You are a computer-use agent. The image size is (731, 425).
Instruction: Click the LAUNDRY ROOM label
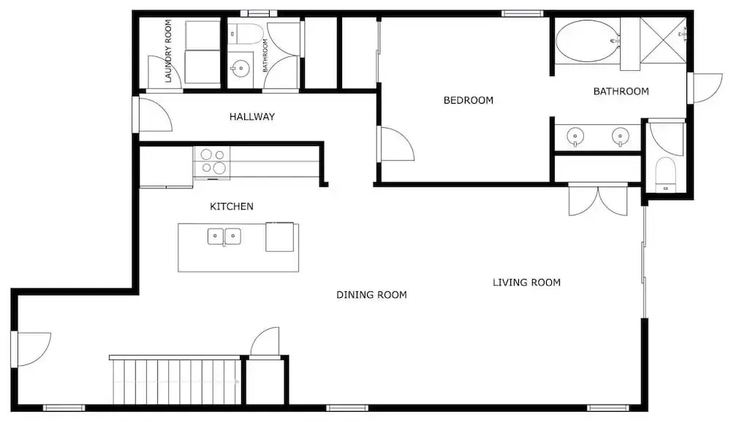pyautogui.click(x=168, y=50)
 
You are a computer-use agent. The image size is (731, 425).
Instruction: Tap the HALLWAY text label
pyautogui.click(x=251, y=117)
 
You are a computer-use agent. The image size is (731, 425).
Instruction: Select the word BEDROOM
pyautogui.click(x=468, y=100)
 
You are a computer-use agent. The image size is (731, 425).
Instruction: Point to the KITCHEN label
pyautogui.click(x=231, y=206)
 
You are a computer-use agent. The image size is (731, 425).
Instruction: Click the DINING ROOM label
pyautogui.click(x=371, y=295)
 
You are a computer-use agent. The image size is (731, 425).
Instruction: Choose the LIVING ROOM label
pyautogui.click(x=526, y=282)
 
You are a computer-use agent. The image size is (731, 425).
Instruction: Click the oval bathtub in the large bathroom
pyautogui.click(x=588, y=40)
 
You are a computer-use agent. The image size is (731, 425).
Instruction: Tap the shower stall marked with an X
pyautogui.click(x=663, y=40)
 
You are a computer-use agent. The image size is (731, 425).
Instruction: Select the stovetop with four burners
pyautogui.click(x=212, y=162)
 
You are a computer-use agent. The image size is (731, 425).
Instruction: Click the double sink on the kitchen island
pyautogui.click(x=224, y=236)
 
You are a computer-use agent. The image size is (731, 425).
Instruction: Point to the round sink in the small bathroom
pyautogui.click(x=240, y=69)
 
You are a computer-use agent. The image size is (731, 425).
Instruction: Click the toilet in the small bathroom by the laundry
pyautogui.click(x=246, y=34)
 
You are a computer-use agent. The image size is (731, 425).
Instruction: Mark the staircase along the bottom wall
pyautogui.click(x=177, y=380)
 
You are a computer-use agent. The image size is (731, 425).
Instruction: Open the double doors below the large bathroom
pyautogui.click(x=598, y=201)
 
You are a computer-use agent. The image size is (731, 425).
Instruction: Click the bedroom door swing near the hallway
pyautogui.click(x=397, y=145)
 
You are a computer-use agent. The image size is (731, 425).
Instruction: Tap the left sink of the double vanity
pyautogui.click(x=575, y=137)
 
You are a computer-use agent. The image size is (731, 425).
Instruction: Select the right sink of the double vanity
pyautogui.click(x=620, y=137)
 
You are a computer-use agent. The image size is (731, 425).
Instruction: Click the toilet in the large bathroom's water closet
pyautogui.click(x=665, y=174)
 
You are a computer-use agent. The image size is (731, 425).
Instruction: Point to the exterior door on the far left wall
pyautogui.click(x=31, y=349)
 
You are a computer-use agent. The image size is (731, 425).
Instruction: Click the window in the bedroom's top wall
pyautogui.click(x=523, y=13)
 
